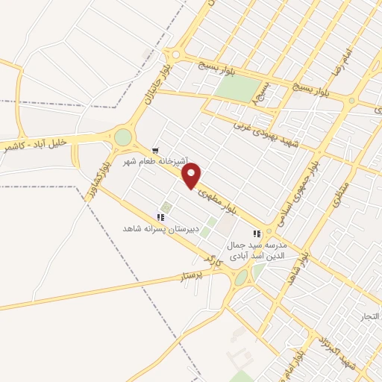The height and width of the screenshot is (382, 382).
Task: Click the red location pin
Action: point(192,176)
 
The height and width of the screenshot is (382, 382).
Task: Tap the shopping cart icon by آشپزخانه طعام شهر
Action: point(155,151)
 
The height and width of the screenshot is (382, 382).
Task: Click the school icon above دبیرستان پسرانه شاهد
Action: point(160,217)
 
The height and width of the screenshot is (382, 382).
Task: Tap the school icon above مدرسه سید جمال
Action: point(257,234)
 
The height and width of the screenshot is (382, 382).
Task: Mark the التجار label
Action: point(369,316)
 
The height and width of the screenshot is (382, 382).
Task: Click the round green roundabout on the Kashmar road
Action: point(122,137)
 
